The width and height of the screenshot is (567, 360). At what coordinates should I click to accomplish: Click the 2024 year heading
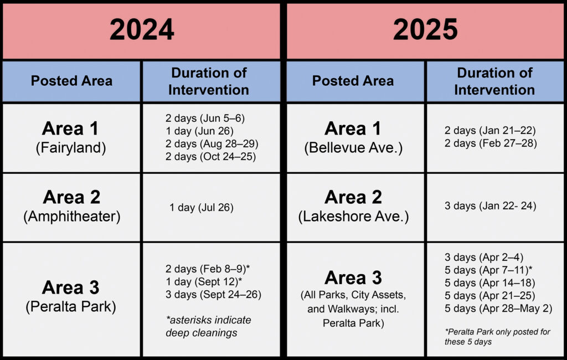pyautogui.click(x=142, y=30)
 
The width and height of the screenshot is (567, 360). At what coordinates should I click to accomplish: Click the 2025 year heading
pyautogui.click(x=425, y=30)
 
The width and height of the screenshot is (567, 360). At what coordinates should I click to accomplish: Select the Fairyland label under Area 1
pyautogui.click(x=71, y=148)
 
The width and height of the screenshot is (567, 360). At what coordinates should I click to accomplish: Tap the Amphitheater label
pyautogui.click(x=71, y=217)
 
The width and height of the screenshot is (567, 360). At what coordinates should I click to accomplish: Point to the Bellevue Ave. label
pyautogui.click(x=353, y=148)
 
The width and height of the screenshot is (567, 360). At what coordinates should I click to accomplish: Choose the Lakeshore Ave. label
pyautogui.click(x=353, y=217)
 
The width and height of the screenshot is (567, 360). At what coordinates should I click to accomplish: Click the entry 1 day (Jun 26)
pyautogui.click(x=199, y=131)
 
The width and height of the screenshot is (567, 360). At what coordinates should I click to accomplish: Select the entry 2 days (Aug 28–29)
pyautogui.click(x=212, y=143)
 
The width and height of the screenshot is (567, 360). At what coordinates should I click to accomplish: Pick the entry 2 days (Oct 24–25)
pyautogui.click(x=210, y=156)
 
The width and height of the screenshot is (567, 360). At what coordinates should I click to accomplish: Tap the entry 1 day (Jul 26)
pyautogui.click(x=202, y=207)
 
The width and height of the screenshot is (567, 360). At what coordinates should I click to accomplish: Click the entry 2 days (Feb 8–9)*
pyautogui.click(x=208, y=269)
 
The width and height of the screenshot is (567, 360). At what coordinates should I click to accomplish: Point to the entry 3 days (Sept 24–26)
pyautogui.click(x=213, y=294)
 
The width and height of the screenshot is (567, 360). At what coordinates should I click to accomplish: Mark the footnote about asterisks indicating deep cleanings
pyautogui.click(x=208, y=326)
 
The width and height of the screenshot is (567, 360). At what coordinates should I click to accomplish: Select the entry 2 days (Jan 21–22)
pyautogui.click(x=490, y=130)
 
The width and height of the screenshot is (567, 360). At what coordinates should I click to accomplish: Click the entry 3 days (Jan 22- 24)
pyautogui.click(x=491, y=206)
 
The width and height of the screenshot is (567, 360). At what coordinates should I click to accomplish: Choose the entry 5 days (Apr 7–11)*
pyautogui.click(x=488, y=270)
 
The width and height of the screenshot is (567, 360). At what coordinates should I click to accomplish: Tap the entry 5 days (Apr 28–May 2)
pyautogui.click(x=498, y=308)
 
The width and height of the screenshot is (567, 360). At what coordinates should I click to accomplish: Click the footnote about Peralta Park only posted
pyautogui.click(x=497, y=337)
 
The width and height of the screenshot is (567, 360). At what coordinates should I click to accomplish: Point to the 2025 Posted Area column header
pyautogui.click(x=353, y=81)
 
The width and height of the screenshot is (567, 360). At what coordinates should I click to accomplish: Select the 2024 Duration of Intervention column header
pyautogui.click(x=209, y=81)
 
